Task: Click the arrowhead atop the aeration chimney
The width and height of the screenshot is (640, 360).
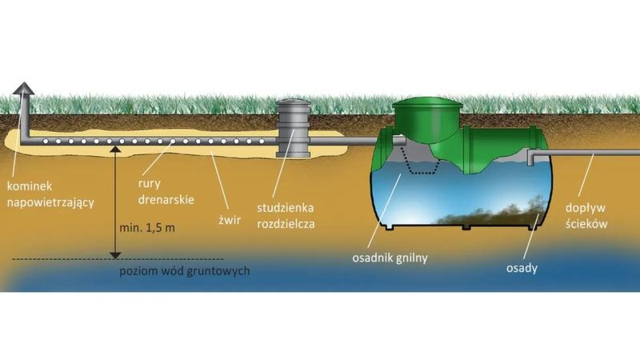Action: (x=23, y=88)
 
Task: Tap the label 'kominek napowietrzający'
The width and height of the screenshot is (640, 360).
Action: (x=50, y=194)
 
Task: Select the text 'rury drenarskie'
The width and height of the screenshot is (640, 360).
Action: (x=166, y=191)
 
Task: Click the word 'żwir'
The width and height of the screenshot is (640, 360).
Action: (x=230, y=221)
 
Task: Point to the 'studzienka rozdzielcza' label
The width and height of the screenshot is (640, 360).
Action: (x=286, y=215)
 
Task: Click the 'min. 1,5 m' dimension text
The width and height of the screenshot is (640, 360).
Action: (x=147, y=228)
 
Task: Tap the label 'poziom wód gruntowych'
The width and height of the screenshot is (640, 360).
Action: (x=185, y=271)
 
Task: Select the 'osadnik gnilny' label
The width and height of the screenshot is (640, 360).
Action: (x=390, y=258)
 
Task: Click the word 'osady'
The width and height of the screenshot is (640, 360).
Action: (x=522, y=268)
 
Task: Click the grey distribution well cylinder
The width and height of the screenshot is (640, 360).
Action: (x=293, y=128)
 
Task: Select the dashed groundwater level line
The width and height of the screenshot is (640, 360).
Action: (x=118, y=258)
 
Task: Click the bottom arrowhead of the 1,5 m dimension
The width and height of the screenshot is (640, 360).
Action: (x=115, y=255)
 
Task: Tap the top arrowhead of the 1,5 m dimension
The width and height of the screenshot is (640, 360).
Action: (x=115, y=150)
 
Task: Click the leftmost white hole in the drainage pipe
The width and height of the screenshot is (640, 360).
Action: (x=46, y=142)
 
